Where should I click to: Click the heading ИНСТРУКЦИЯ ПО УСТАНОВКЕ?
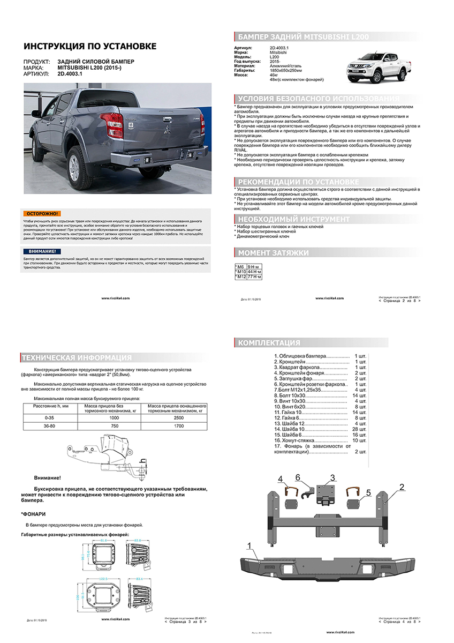(90, 46)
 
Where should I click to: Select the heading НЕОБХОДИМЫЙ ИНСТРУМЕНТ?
(293, 219)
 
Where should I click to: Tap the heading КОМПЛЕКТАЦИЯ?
(269, 342)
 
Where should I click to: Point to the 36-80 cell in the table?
(49, 425)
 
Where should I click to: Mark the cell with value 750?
(113, 425)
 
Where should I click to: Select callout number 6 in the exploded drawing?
(298, 477)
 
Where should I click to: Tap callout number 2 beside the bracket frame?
(401, 487)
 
